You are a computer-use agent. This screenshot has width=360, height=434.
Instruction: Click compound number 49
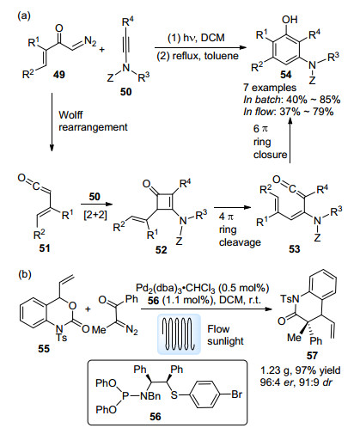(59, 75)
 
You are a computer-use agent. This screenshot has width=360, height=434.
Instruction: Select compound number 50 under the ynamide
(125, 92)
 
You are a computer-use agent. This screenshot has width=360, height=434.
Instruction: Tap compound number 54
(286, 75)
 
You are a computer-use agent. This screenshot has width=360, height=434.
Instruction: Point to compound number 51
(45, 248)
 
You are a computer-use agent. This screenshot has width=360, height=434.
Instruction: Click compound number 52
(161, 250)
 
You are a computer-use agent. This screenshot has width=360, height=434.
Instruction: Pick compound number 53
(294, 248)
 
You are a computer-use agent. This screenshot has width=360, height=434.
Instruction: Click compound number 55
(44, 348)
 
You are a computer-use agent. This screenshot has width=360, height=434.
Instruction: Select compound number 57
(312, 355)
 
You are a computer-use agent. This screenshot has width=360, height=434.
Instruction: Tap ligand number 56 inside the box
(156, 416)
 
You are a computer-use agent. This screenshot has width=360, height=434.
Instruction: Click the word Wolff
(70, 114)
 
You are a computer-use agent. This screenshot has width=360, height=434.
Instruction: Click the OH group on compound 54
(290, 20)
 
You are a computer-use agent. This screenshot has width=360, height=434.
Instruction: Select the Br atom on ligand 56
(236, 394)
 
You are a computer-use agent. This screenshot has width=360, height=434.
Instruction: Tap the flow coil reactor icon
(179, 334)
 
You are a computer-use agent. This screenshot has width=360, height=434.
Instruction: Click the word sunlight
(225, 341)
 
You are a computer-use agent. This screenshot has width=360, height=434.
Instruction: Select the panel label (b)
(24, 274)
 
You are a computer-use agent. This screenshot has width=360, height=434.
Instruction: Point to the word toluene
(221, 56)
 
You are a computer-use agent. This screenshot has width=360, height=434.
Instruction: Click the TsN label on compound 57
(290, 299)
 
